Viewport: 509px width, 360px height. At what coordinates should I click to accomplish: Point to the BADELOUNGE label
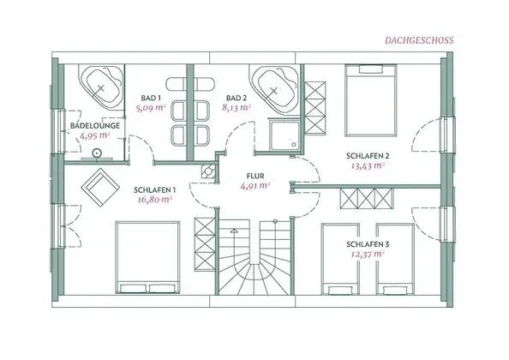(x=94, y=125)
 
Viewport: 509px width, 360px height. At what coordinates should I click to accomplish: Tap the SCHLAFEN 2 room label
(x=368, y=155)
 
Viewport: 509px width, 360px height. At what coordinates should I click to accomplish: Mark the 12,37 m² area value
(x=366, y=254)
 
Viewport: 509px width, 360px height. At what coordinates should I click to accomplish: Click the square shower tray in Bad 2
(x=284, y=135)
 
